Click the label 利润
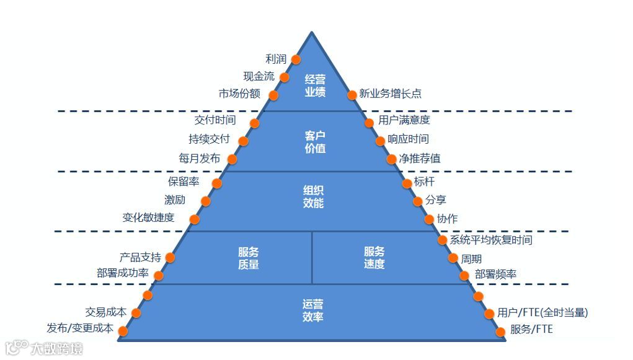click(x=276, y=59)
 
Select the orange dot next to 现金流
click(x=285, y=77)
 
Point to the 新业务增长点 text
click(x=390, y=95)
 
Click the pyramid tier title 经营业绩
click(x=315, y=86)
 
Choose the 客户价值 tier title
click(x=315, y=142)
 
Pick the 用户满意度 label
click(x=404, y=120)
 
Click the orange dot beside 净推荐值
click(x=392, y=159)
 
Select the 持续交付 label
click(x=209, y=139)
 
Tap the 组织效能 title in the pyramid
click(x=313, y=196)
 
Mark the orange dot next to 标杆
click(x=407, y=183)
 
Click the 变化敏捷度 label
click(x=148, y=217)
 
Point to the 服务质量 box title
click(x=248, y=258)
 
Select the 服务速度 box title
click(x=374, y=258)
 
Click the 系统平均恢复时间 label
click(x=490, y=240)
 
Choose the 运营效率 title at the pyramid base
click(x=313, y=310)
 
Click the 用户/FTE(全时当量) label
click(x=542, y=313)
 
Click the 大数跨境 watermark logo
click(x=43, y=348)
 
